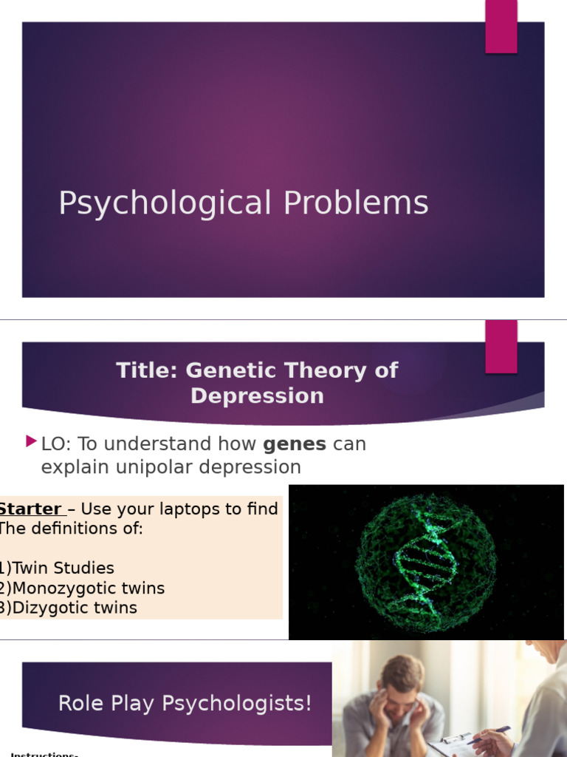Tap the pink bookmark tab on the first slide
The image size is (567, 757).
click(x=501, y=27)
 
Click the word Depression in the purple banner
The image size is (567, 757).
click(x=257, y=396)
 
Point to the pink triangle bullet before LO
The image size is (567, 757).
click(x=30, y=442)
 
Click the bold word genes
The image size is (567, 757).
click(x=295, y=444)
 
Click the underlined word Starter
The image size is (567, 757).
click(x=30, y=509)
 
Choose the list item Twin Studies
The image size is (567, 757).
click(x=63, y=568)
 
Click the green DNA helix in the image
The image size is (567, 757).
click(x=426, y=562)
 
